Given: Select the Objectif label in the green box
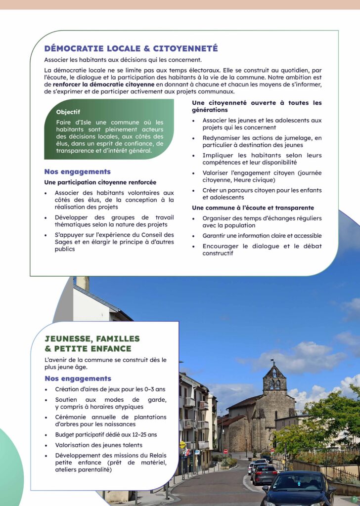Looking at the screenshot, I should (x=68, y=112).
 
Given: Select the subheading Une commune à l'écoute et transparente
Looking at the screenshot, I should (x=253, y=208).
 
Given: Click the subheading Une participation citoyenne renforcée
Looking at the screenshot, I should (x=100, y=182).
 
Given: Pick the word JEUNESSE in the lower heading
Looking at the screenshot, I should (x=69, y=339).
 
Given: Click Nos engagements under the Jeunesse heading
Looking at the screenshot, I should (x=78, y=379).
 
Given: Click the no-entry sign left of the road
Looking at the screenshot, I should (x=225, y=451).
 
